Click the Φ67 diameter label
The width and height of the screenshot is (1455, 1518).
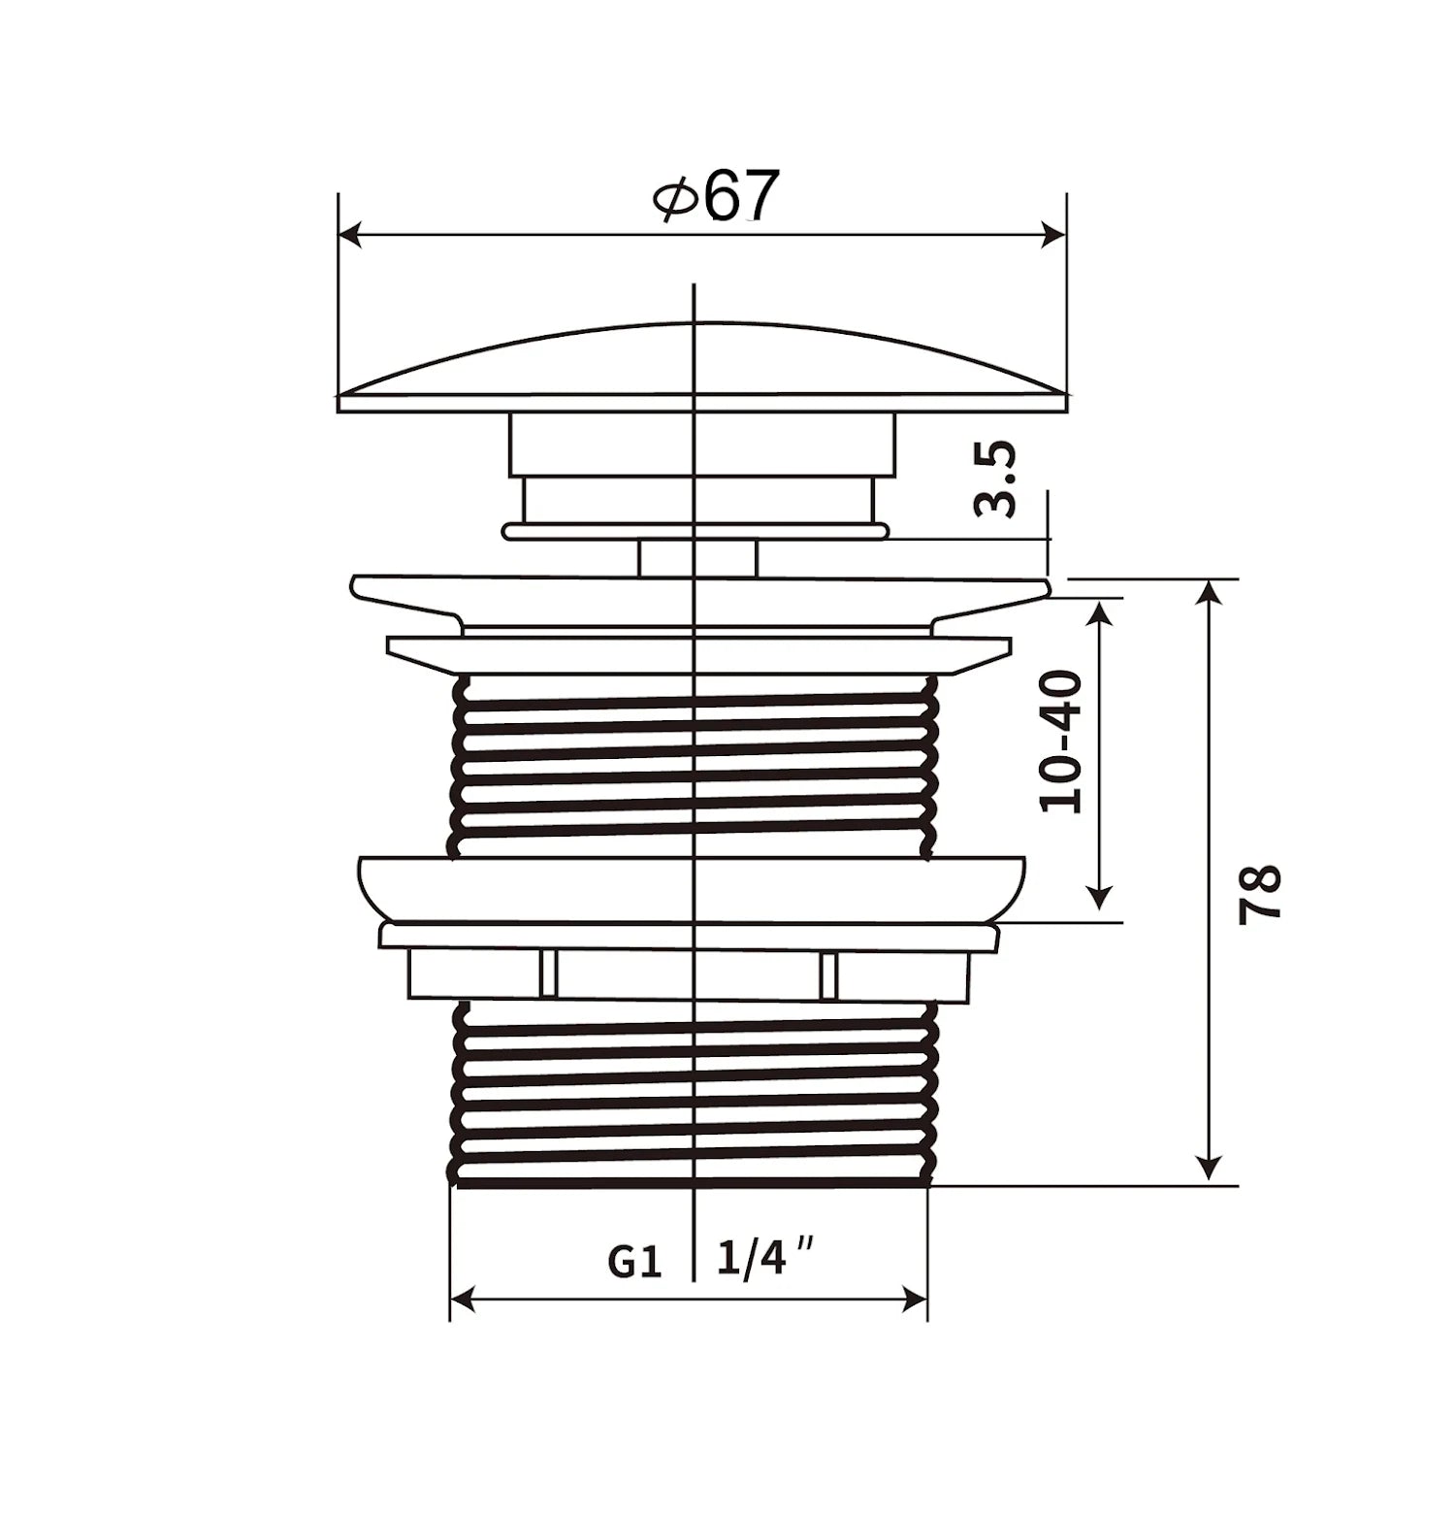pos(717,196)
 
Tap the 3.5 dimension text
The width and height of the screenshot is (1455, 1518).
pos(995,478)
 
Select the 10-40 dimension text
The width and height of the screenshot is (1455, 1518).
pos(1060,742)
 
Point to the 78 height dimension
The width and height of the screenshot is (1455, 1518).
pos(1260,894)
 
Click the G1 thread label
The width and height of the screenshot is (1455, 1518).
pos(634,1262)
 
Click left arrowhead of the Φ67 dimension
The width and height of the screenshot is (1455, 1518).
pos(350,235)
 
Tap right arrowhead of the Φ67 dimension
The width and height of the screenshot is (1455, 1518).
pos(1054,235)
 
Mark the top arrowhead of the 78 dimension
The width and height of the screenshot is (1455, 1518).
pos(1209,592)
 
